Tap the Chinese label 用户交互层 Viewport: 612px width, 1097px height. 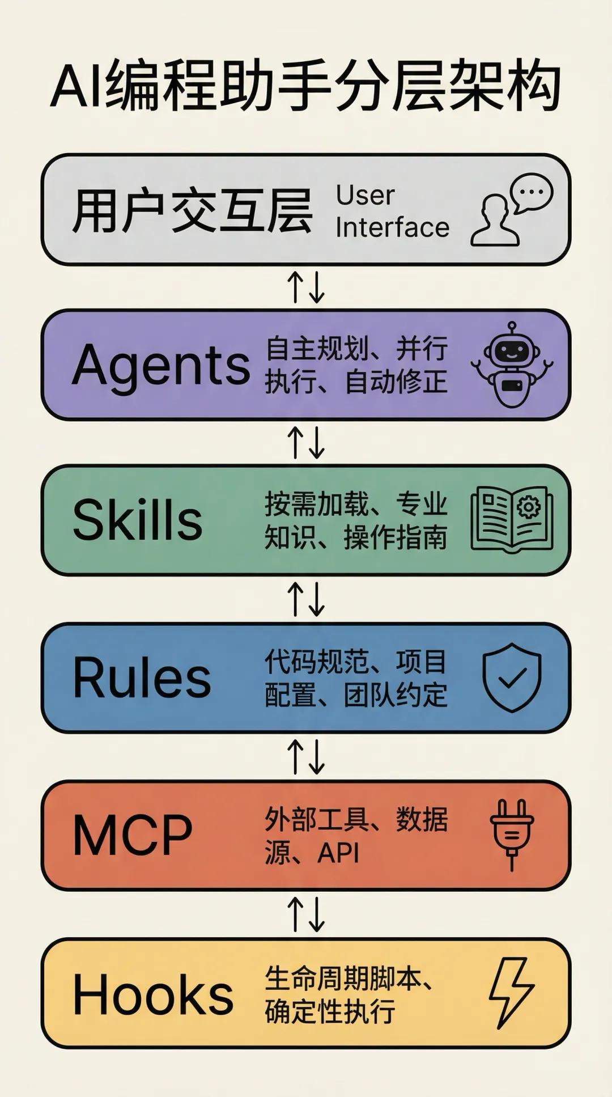pos(192,211)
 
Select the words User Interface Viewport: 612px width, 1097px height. pos(392,211)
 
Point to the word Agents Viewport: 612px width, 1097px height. pos(161,365)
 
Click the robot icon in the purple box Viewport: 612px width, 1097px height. pos(512,365)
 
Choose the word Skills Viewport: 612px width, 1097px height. pos(138,520)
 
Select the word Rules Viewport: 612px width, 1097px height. pos(142,678)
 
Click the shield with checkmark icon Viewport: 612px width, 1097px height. pos(512,677)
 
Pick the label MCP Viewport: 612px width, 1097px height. pos(133,835)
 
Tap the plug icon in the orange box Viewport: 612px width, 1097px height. pos(512,834)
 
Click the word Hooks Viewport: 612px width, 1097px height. pos(153,994)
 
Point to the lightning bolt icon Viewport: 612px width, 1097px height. pos(511,993)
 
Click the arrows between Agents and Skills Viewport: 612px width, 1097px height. pos(306,443)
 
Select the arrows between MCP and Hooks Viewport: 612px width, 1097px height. pos(306,914)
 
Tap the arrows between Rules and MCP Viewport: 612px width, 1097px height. pos(306,757)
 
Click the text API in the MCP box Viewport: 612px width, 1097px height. pos(338,853)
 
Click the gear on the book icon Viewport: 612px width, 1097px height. pos(529,506)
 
